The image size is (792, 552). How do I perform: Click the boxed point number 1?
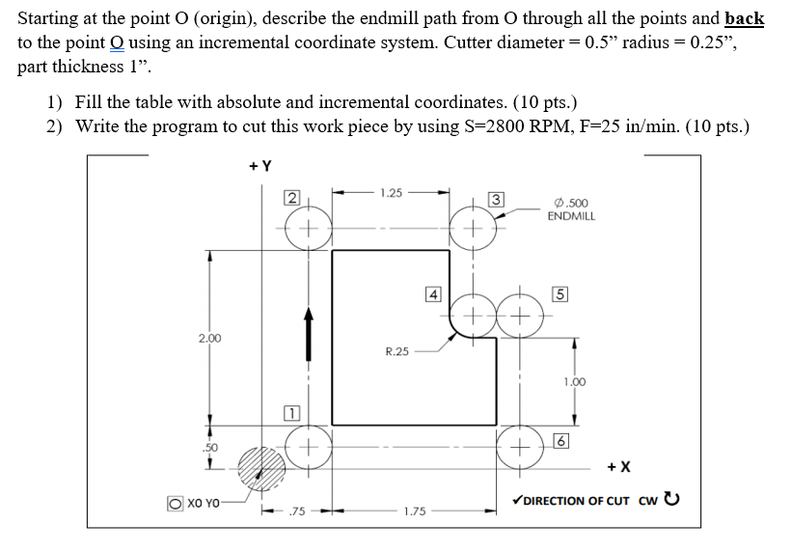click(x=289, y=414)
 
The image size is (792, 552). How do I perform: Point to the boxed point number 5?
click(x=559, y=293)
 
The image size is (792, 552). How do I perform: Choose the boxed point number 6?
click(x=559, y=441)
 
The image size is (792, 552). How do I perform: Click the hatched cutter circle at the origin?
click(x=261, y=471)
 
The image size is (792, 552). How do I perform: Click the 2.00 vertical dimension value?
click(x=209, y=338)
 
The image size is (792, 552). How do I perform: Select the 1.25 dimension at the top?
click(x=392, y=193)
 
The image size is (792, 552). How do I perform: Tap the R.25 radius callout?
click(x=396, y=351)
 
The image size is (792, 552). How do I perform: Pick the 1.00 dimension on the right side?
click(x=575, y=382)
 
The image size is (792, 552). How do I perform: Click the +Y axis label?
click(x=261, y=166)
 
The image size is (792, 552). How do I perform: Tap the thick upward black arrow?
click(x=309, y=330)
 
